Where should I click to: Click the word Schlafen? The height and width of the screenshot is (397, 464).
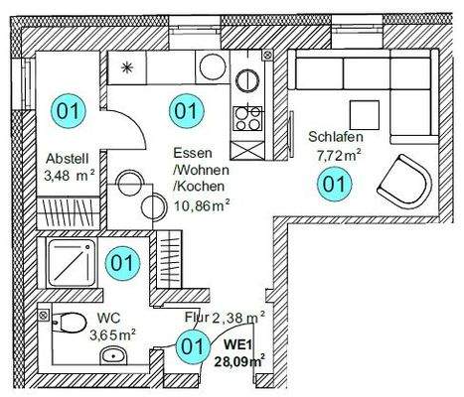tap(333, 137)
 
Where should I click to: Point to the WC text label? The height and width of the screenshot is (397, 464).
tap(108, 320)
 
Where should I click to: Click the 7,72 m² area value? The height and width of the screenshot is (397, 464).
tap(336, 155)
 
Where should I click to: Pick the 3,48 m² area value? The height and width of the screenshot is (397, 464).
tap(70, 176)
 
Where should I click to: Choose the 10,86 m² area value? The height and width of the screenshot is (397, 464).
tap(202, 205)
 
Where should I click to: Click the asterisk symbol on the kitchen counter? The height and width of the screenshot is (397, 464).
tap(126, 67)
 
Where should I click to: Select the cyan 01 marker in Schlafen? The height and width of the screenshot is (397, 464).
tap(335, 183)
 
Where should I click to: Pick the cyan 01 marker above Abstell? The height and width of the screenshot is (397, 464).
tap(69, 110)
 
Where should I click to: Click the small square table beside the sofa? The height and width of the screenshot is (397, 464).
tap(355, 112)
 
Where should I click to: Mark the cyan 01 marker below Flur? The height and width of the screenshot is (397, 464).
tap(191, 347)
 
